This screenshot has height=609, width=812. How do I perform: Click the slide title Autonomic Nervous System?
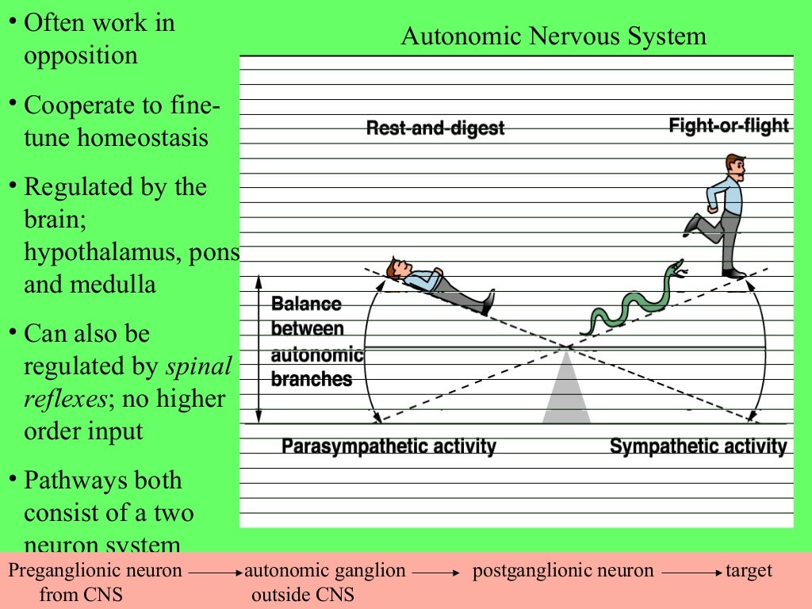point(553,36)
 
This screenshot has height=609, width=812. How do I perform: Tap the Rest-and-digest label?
point(435,128)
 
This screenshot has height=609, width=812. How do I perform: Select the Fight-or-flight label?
point(728,125)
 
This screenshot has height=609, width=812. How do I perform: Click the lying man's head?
point(396,268)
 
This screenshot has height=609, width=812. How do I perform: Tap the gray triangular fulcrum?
point(566,393)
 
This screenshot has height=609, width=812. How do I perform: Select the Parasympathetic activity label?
point(389,446)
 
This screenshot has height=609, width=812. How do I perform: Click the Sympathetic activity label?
point(698,446)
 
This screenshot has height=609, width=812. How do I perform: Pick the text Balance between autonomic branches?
point(316,342)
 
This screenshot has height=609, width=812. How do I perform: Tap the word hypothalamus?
point(94,251)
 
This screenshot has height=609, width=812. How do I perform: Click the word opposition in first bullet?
point(80,56)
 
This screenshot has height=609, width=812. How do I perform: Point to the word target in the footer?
point(748,570)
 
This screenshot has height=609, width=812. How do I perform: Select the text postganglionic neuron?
point(563,570)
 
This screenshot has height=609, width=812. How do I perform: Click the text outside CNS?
point(302,594)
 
